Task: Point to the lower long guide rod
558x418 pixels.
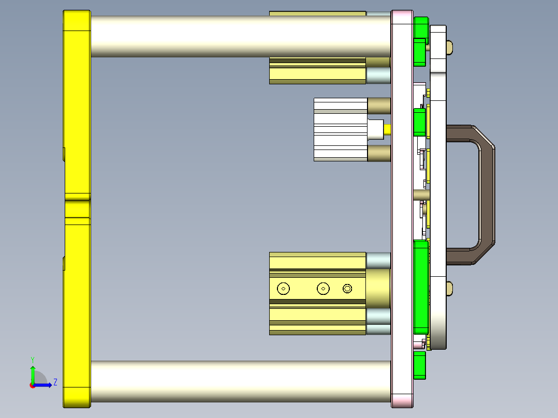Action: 238,381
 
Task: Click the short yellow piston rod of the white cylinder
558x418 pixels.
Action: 388,129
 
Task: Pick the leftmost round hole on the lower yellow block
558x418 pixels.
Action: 283,289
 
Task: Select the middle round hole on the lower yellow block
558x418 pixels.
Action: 324,289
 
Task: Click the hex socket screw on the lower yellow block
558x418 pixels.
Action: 347,289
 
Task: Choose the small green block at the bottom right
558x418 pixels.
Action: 420,365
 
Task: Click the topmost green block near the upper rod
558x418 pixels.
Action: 421,27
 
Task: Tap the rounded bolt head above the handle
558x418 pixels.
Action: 449,48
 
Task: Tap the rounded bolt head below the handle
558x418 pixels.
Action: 449,288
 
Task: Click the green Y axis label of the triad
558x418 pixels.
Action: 32,359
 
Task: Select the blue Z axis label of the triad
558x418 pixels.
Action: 55,382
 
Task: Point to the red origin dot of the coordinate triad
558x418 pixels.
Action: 32,385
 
